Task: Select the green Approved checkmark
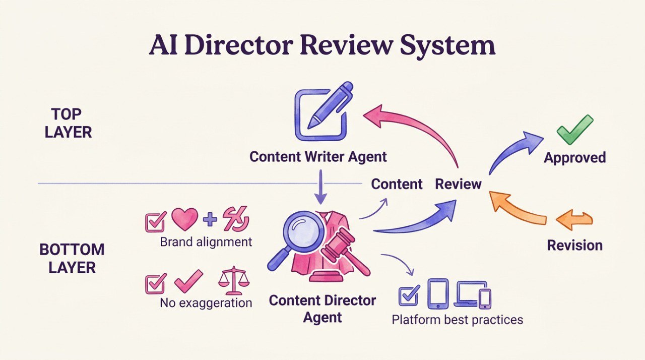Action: (x=574, y=130)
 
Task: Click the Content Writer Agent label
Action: (x=318, y=156)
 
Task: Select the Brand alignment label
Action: (x=206, y=242)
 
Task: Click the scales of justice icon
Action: (x=233, y=280)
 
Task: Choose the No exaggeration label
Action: (x=206, y=303)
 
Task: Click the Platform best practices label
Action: (x=458, y=319)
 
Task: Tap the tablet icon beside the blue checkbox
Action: (x=438, y=294)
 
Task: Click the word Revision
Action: (x=575, y=246)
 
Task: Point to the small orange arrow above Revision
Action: (x=574, y=221)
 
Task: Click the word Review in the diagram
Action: (x=458, y=184)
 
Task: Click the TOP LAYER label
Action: (x=68, y=123)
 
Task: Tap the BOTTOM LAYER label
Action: (x=72, y=258)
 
